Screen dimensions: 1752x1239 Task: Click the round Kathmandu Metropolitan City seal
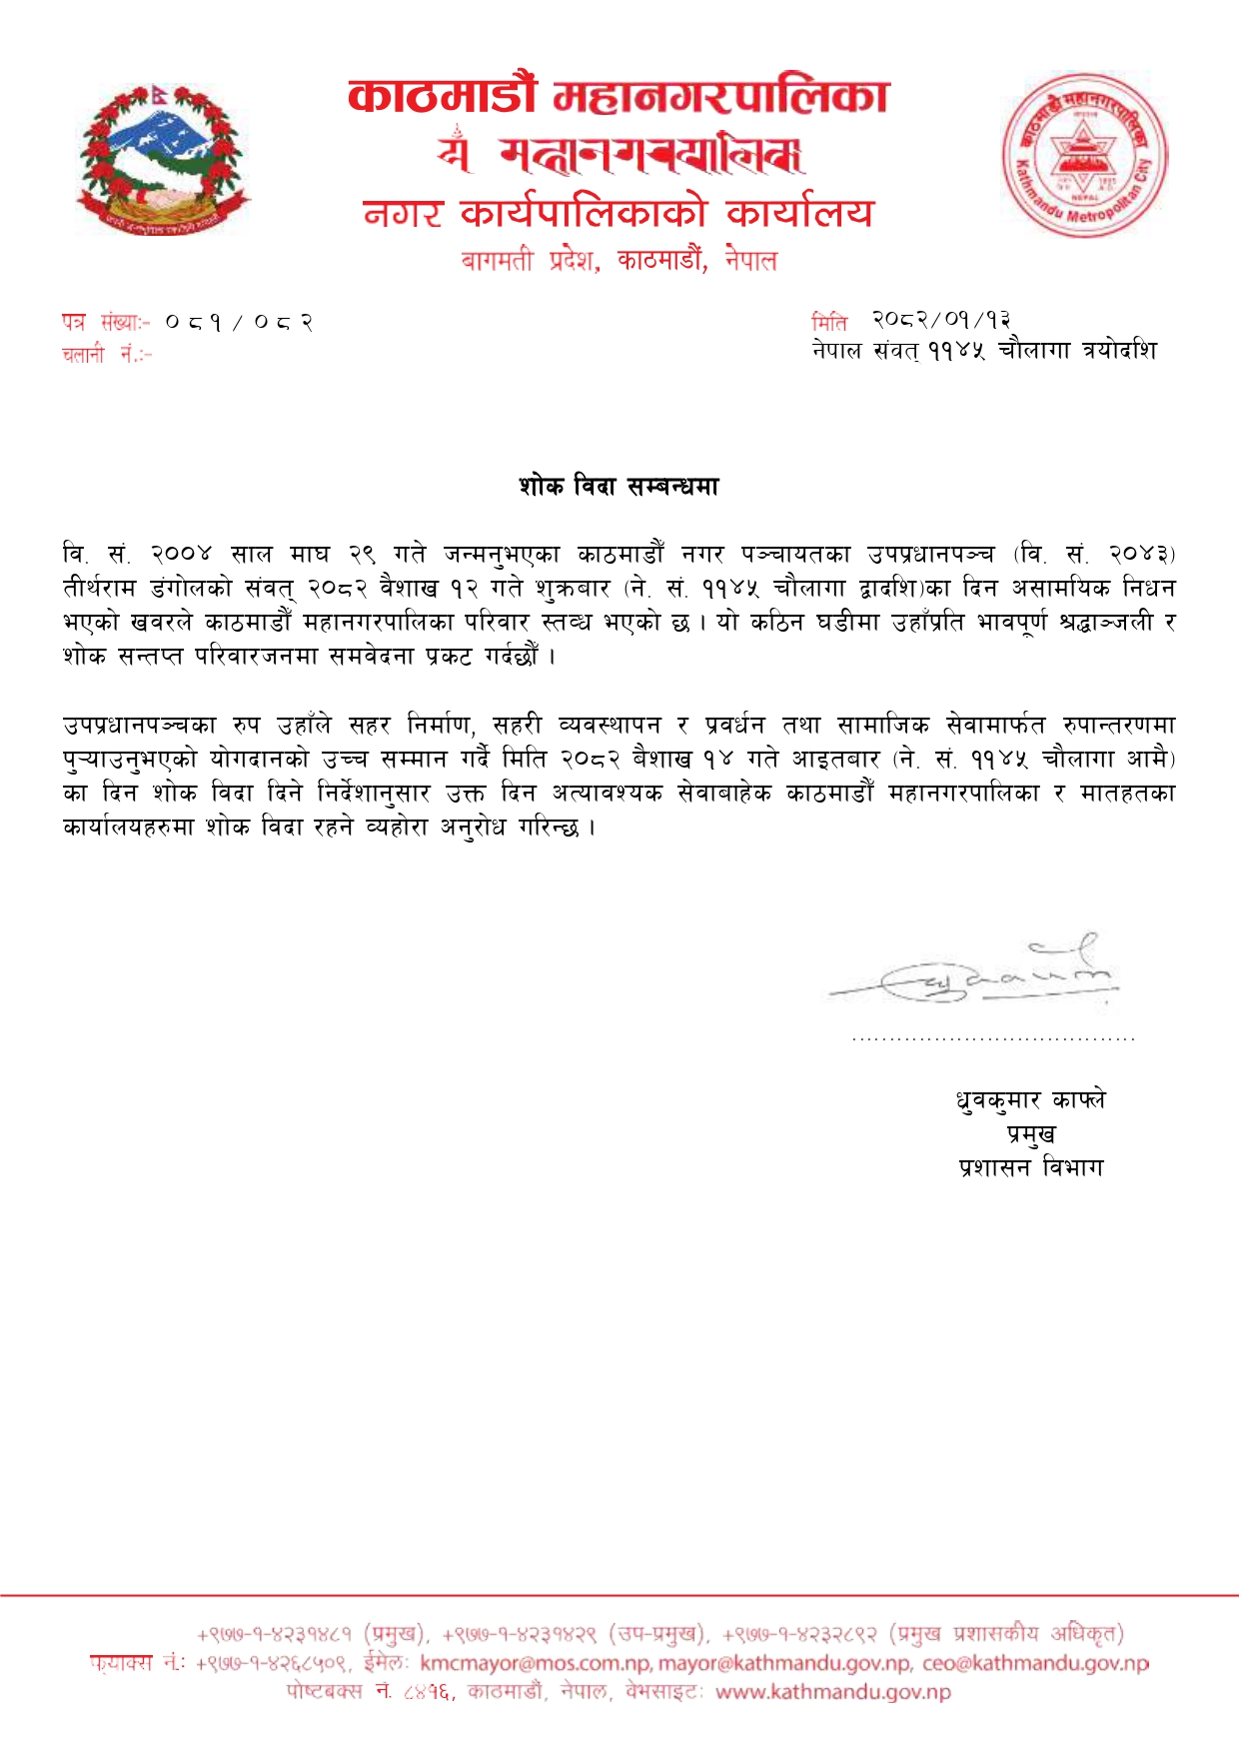coord(1084,156)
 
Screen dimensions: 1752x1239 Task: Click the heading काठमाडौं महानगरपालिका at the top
coord(618,97)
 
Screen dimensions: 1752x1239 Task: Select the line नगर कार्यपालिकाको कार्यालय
coord(618,213)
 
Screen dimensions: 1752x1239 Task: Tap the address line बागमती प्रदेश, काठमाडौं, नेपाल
coord(619,261)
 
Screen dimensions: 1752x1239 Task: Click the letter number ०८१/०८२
coord(240,323)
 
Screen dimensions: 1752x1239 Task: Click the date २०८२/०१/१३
coord(941,320)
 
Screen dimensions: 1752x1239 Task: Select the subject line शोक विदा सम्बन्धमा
coord(619,487)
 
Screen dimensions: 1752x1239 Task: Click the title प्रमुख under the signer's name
coord(1031,1134)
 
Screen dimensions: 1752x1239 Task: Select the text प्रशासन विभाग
coord(1031,1167)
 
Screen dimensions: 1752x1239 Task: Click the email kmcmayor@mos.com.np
coord(536,1664)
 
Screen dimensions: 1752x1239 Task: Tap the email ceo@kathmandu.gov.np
coord(1035,1664)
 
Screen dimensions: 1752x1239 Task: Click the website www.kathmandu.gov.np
coord(833,1692)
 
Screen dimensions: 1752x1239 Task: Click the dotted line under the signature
coord(993,1039)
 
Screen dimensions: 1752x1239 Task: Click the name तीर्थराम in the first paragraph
coord(99,588)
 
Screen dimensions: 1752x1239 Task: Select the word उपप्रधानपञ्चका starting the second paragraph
coord(139,725)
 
